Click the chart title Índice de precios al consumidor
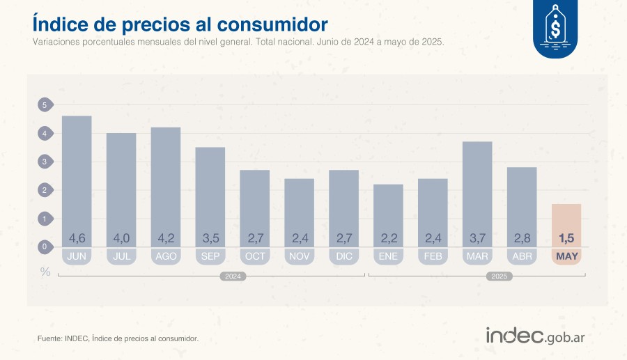[180, 24]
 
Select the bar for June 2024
[77, 174]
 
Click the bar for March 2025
[477, 188]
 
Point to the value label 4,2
[166, 238]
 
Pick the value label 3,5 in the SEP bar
[210, 238]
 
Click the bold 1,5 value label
[566, 238]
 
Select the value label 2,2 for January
[388, 238]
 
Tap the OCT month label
[255, 256]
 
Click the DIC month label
[343, 256]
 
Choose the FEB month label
[433, 256]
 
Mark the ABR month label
[522, 256]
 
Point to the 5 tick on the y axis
[44, 105]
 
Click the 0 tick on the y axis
[44, 246]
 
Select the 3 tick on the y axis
[44, 162]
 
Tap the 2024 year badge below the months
[233, 276]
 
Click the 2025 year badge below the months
[500, 276]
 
